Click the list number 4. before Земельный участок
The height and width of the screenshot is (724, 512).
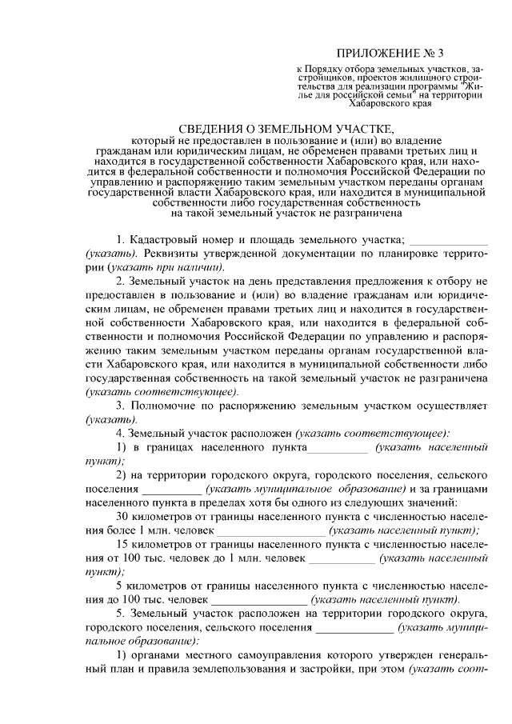click(121, 433)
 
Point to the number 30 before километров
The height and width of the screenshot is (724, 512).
click(123, 515)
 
